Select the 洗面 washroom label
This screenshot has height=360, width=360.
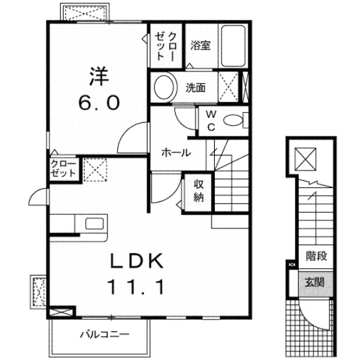tap(195, 87)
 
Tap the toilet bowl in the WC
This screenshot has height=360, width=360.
tap(232, 120)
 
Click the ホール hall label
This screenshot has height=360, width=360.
tap(175, 153)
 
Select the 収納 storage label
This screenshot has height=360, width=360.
tap(198, 190)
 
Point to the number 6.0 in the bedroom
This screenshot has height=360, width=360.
tap(98, 102)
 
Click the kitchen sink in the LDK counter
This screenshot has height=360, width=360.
tap(91, 225)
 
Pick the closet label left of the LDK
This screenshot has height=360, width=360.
tap(62, 169)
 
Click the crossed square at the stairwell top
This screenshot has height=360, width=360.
tap(304, 158)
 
